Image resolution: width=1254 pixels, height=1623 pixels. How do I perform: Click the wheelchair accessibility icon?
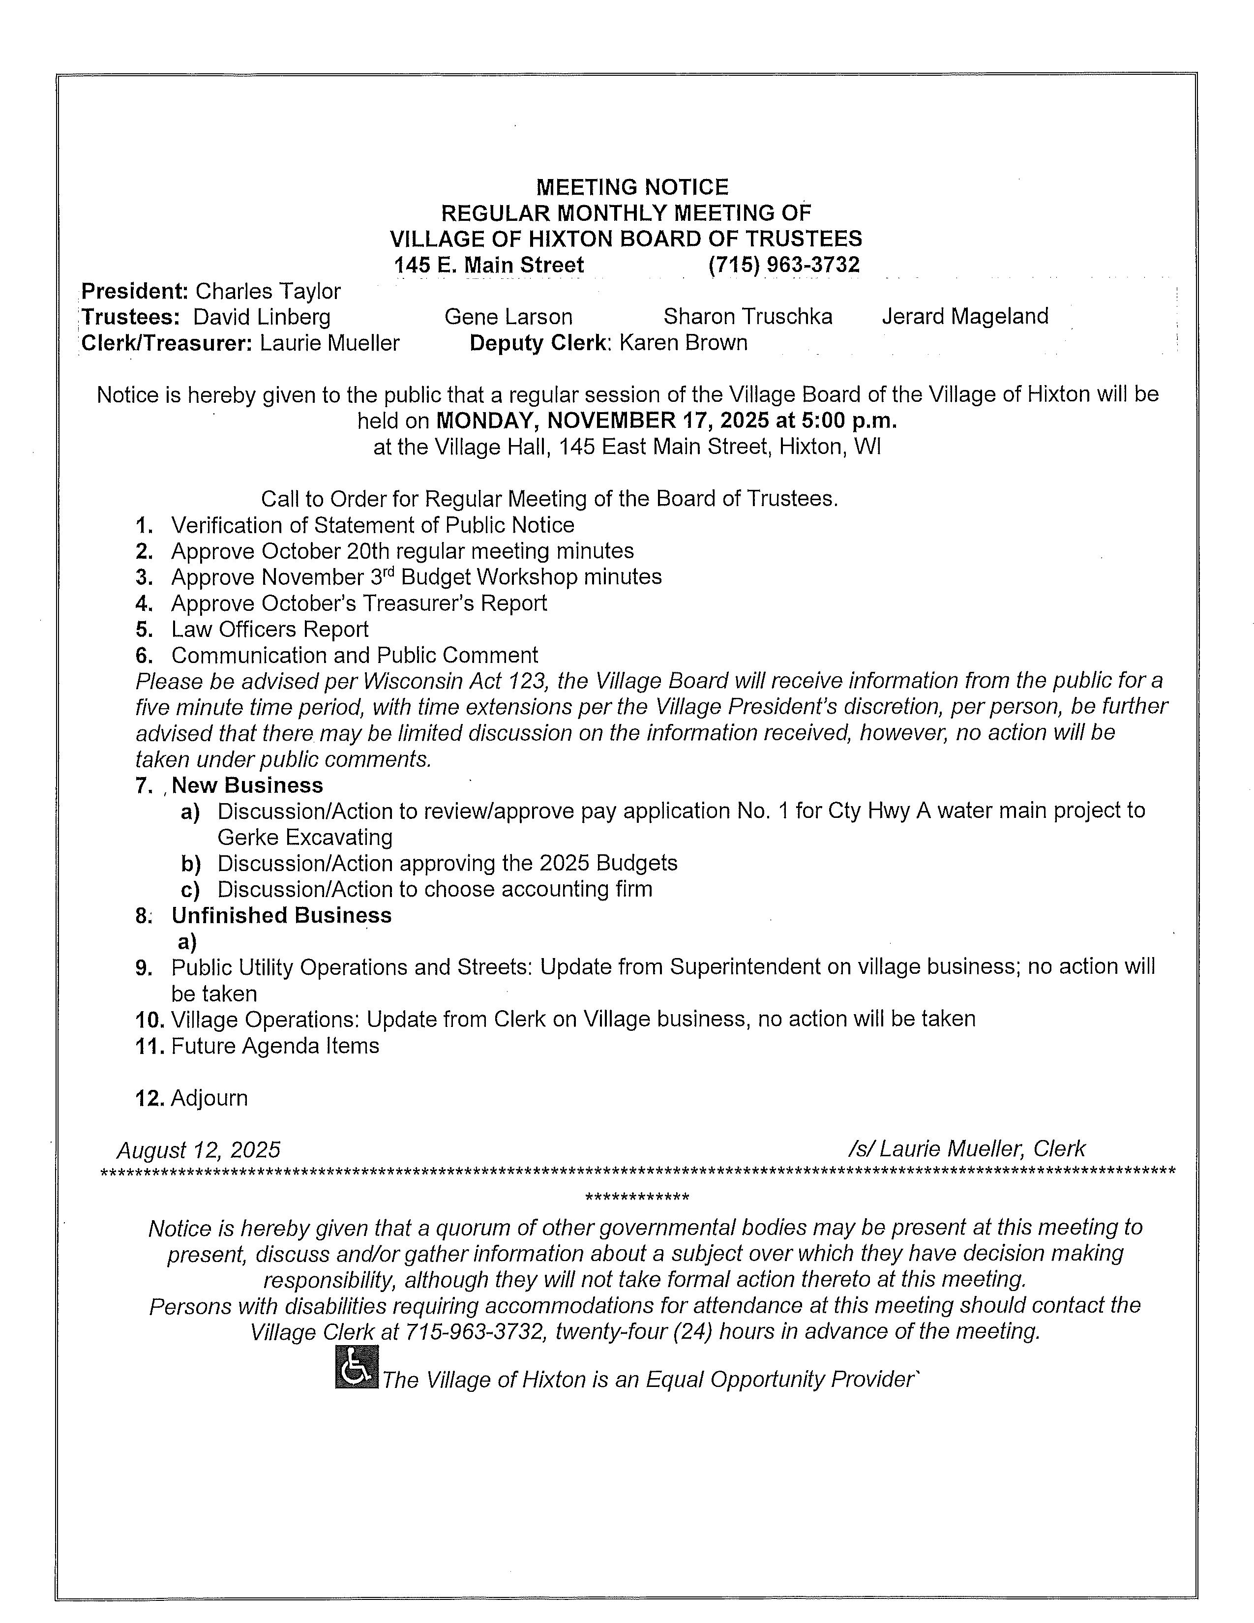(356, 1367)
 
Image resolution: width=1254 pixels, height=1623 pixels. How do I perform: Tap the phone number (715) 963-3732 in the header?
(784, 265)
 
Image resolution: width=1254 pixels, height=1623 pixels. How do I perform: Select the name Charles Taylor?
(268, 291)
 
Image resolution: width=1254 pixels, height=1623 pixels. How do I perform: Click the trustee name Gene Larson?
(508, 317)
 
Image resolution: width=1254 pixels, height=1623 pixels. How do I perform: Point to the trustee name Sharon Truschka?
(747, 317)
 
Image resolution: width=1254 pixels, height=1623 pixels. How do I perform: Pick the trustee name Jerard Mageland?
(965, 317)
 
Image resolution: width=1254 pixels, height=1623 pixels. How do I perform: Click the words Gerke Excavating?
(304, 838)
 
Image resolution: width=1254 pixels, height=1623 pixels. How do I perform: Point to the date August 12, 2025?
(198, 1150)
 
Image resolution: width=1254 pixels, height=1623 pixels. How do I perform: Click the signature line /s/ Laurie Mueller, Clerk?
(966, 1149)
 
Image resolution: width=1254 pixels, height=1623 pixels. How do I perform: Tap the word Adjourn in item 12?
(209, 1098)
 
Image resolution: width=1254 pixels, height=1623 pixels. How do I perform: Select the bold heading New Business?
(247, 785)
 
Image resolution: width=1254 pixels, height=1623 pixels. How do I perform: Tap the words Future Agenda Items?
(275, 1046)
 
